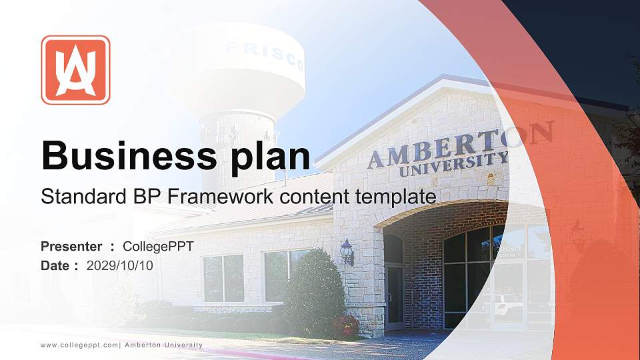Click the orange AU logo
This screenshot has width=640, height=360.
[75, 70]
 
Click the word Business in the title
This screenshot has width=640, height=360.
[129, 155]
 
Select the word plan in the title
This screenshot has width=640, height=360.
[270, 158]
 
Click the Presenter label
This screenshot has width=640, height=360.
[71, 247]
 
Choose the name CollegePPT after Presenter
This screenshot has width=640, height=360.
[158, 247]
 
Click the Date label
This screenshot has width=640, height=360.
[55, 266]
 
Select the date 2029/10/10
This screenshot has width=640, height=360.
[119, 266]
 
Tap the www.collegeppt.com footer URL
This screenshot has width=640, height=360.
[79, 345]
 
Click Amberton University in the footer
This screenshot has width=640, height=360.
[164, 345]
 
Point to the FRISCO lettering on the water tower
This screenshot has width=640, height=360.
[265, 55]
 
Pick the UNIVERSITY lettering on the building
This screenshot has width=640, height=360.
[453, 164]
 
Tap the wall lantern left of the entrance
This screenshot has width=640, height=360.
[347, 251]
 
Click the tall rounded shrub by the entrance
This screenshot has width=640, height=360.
[313, 291]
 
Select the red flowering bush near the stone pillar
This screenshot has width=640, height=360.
[345, 326]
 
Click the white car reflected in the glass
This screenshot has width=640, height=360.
[508, 304]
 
